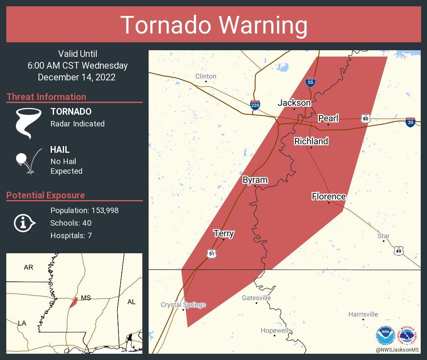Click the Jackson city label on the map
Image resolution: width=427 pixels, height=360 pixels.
tap(294, 103)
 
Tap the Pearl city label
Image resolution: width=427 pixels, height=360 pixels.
tap(328, 118)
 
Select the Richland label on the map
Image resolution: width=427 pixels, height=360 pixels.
tap(311, 141)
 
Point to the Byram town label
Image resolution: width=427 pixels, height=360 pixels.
tap(255, 180)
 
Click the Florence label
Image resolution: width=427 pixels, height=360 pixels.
tap(329, 197)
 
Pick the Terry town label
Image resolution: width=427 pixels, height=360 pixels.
tap(224, 234)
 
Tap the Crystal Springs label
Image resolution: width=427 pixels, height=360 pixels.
tap(183, 305)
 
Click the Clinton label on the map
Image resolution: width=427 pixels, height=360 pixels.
tap(206, 76)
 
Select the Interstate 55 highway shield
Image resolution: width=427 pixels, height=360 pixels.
tap(310, 82)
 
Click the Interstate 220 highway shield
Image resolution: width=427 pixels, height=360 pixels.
tap(255, 105)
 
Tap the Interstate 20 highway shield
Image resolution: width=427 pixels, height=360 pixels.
tap(410, 122)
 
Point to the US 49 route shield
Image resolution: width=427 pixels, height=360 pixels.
tap(398, 250)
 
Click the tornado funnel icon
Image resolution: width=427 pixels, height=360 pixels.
tap(28, 122)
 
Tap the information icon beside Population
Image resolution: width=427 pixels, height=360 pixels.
tap(24, 223)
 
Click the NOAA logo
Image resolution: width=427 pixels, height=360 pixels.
tap(385, 335)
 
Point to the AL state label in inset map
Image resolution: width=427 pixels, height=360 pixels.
tap(131, 302)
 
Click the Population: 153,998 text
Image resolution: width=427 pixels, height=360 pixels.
tap(84, 211)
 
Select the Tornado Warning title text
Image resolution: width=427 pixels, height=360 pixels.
tap(213, 25)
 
